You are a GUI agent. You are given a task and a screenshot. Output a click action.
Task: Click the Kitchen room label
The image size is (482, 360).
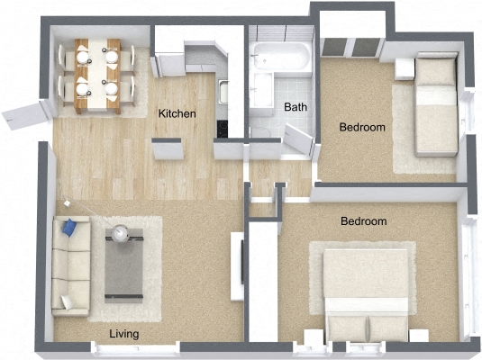[x=177, y=114]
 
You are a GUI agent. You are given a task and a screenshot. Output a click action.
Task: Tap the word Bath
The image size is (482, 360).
[x=295, y=107]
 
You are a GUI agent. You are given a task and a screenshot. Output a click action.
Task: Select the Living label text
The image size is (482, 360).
[x=123, y=335]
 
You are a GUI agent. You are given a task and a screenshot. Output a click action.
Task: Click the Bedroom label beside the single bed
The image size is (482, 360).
[x=361, y=128]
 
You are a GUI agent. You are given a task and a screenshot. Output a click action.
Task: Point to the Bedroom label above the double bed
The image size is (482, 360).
[x=363, y=220]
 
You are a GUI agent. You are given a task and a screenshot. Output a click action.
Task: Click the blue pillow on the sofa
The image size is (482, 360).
[x=70, y=230]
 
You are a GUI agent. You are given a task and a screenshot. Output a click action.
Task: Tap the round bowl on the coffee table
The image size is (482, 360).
[x=122, y=236]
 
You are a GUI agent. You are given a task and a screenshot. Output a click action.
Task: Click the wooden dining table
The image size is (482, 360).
[x=96, y=74]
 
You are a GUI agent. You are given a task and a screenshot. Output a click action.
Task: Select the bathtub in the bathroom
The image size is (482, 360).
[x=281, y=56]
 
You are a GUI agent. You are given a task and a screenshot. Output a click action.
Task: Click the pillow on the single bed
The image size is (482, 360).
[x=439, y=70]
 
